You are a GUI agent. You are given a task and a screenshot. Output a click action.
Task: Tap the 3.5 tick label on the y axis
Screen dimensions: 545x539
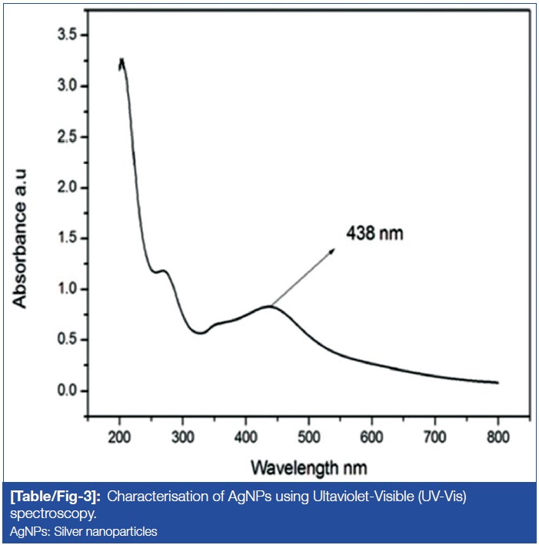point(70,35)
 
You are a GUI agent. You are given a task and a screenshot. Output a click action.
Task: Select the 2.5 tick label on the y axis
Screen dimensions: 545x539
point(70,137)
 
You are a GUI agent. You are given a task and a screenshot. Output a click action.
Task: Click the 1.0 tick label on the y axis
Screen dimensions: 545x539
point(70,289)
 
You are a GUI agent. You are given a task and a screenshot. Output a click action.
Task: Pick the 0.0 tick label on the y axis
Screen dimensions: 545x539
point(70,390)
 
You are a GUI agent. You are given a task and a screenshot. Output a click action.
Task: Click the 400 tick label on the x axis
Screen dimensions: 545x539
point(245,439)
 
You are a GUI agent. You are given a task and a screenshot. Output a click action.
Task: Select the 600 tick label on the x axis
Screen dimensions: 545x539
point(371,439)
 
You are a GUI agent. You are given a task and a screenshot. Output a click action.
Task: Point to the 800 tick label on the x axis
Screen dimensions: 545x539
point(497,439)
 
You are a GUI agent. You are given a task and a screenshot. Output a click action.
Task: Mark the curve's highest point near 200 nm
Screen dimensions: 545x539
point(121,60)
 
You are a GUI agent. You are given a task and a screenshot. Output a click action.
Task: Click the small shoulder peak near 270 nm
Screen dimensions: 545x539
point(163,271)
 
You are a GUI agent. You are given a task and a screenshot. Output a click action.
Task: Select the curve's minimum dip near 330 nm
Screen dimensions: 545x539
point(200,333)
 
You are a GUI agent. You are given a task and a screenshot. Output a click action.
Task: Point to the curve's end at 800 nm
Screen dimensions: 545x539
point(497,382)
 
